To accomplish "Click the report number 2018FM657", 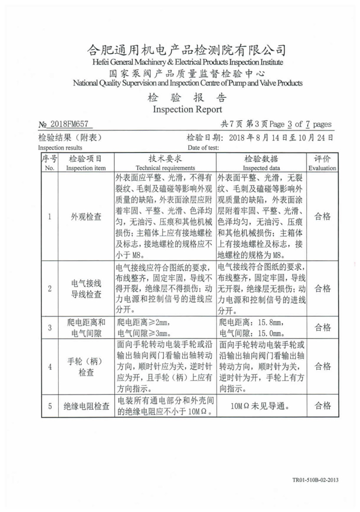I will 70,125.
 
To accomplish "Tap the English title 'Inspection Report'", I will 187,109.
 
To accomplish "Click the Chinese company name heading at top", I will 186,50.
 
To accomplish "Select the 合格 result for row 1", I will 322,217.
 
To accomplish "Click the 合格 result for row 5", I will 322,406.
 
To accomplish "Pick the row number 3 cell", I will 50,328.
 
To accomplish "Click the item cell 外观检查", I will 85,217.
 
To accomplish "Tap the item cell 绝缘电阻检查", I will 85,406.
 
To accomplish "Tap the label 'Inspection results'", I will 60,148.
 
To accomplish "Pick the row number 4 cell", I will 50,367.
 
